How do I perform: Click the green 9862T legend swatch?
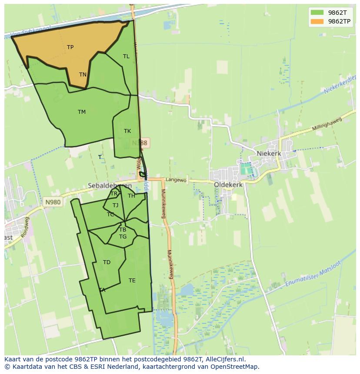pos(317,13)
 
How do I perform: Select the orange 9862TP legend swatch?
pos(317,21)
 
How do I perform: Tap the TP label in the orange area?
pos(70,47)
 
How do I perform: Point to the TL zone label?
pos(126,56)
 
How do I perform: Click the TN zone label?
pos(83,75)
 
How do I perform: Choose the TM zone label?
pos(82,112)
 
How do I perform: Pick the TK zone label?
pos(127,131)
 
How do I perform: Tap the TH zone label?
pos(131,196)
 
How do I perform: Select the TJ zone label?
pos(115,205)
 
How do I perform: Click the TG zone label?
pos(123,237)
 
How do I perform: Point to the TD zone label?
pos(107,262)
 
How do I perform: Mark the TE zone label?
pos(132,281)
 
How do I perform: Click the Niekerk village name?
pos(269,153)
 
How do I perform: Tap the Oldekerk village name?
pos(228,185)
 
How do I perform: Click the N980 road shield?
pos(52,202)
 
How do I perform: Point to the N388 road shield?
pos(140,142)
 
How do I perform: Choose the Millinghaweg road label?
pos(328,125)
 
